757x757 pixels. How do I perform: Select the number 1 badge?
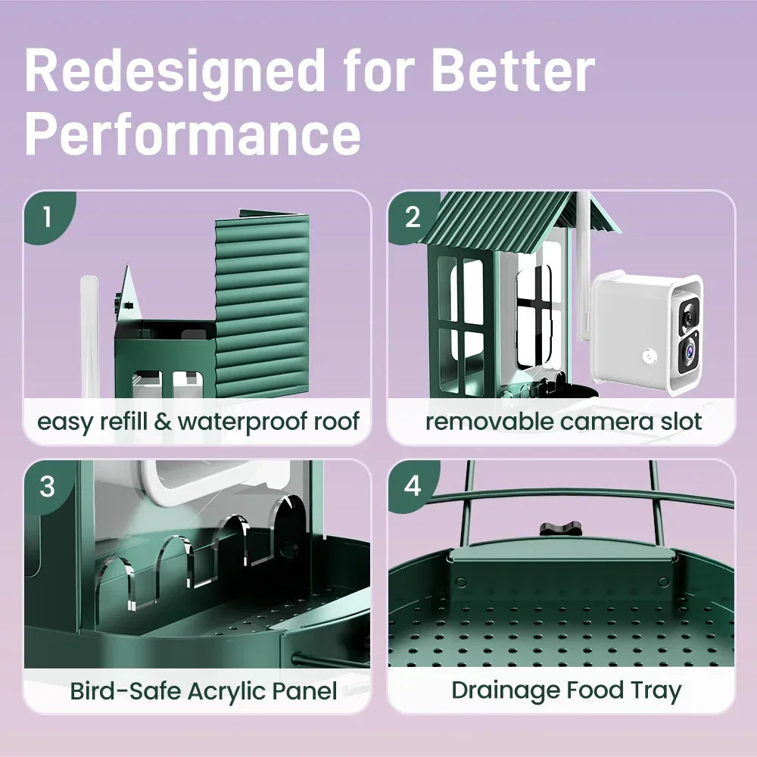(x=49, y=217)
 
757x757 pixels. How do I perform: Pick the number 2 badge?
(x=413, y=217)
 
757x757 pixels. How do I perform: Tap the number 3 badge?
(x=48, y=486)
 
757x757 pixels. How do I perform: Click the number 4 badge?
(x=413, y=486)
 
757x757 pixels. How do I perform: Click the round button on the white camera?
(x=650, y=357)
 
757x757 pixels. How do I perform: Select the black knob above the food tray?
(x=561, y=528)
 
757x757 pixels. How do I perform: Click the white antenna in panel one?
(x=89, y=337)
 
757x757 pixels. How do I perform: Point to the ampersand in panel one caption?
(x=163, y=422)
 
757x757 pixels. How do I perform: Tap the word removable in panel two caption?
(x=490, y=422)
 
